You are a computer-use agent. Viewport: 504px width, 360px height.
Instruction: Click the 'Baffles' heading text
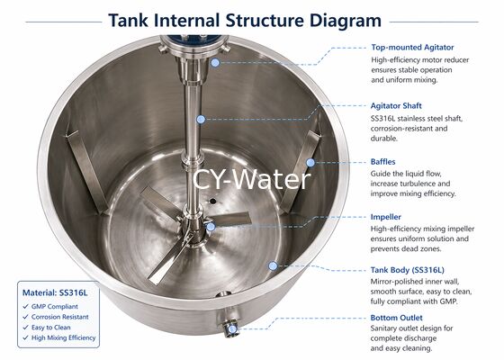coord(384,162)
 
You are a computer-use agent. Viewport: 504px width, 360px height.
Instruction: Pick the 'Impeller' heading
coord(387,217)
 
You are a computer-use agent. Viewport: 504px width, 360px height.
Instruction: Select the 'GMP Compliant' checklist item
coord(52,309)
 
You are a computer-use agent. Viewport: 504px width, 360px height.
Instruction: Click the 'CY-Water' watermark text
coord(251,178)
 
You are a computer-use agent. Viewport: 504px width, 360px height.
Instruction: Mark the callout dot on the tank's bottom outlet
coord(230,329)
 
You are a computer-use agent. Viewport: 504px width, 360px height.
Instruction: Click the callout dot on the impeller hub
coord(211,226)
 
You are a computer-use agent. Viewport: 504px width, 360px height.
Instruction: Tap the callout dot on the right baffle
coord(310,163)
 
